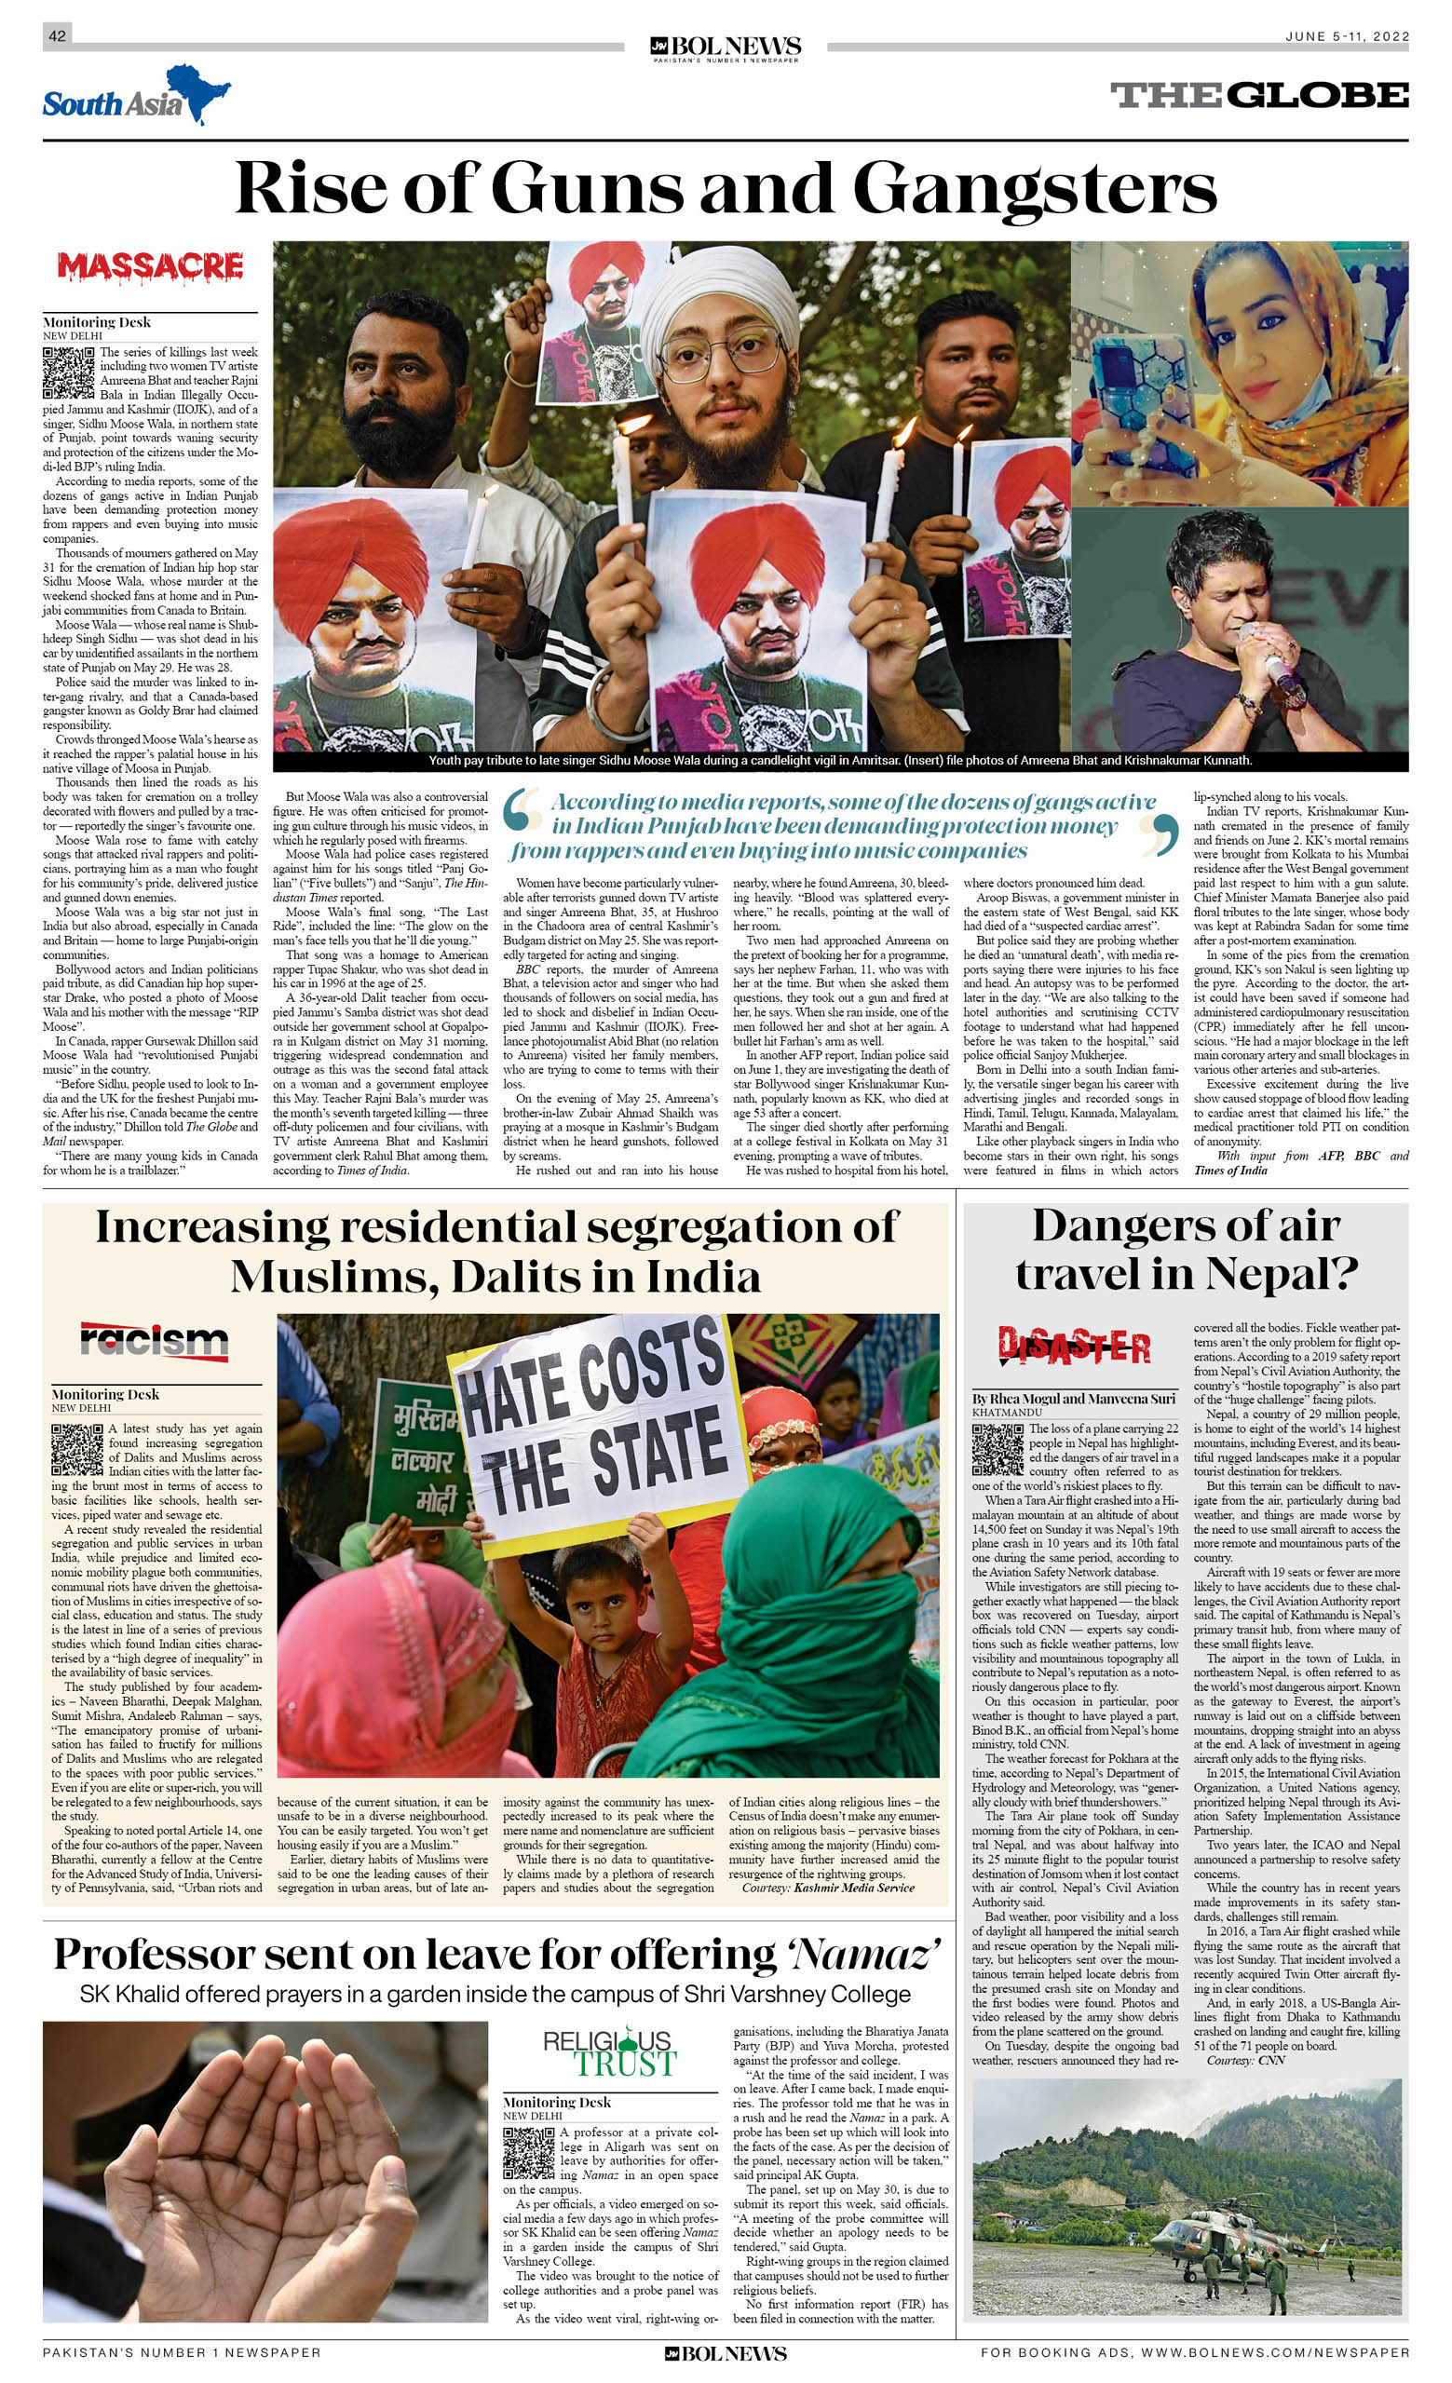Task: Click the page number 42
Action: tap(57, 35)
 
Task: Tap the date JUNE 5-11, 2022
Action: tap(1346, 36)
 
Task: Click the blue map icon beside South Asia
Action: tap(198, 92)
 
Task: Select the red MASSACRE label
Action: tap(150, 266)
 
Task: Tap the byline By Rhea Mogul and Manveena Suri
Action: tap(1073, 1398)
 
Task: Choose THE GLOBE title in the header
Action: tap(1258, 95)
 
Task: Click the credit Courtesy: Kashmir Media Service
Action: tap(827, 1887)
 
